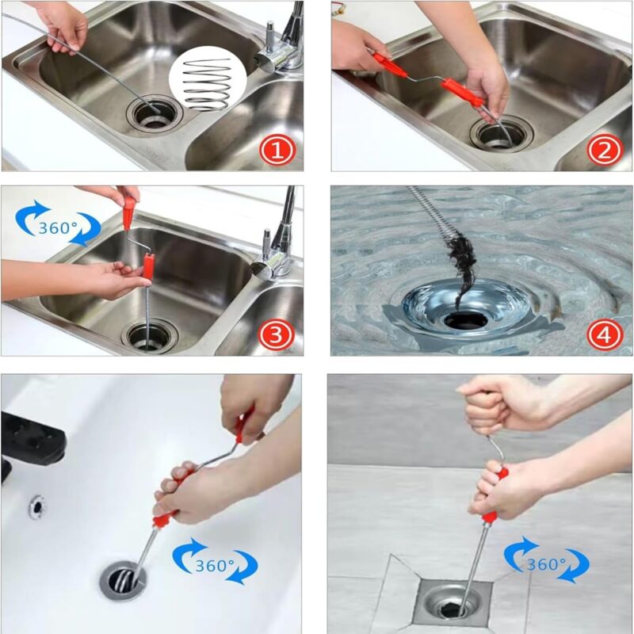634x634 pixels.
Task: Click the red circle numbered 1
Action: pos(277,149)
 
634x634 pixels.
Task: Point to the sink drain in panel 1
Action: pos(152,116)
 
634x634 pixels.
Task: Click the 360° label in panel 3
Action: pos(58,227)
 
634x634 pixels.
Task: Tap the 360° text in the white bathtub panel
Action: pos(216,566)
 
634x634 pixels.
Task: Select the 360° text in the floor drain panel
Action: pos(546,564)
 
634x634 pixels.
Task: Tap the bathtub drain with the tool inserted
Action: pos(124,581)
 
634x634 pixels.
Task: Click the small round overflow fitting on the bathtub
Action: pos(36,506)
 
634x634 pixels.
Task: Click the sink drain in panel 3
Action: pos(148,335)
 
